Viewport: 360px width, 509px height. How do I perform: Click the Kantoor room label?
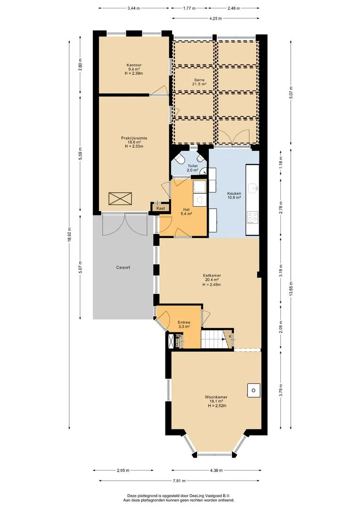134,69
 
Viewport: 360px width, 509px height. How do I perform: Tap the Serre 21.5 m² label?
199,82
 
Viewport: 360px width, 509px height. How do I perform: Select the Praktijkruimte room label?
134,142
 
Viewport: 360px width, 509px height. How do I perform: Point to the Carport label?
123,268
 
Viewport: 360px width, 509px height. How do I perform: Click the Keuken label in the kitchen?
234,196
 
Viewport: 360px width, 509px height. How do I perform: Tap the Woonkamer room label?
216,401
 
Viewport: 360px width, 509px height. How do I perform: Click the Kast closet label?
160,208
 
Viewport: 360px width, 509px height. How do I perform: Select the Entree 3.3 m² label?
184,325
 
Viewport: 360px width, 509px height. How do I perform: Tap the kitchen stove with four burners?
253,217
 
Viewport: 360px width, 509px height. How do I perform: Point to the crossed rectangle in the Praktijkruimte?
121,198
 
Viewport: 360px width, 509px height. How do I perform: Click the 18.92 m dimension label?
70,233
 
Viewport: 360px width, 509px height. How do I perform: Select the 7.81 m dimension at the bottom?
180,481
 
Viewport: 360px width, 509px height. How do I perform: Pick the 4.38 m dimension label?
216,470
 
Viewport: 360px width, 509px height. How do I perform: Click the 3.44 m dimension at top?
134,8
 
